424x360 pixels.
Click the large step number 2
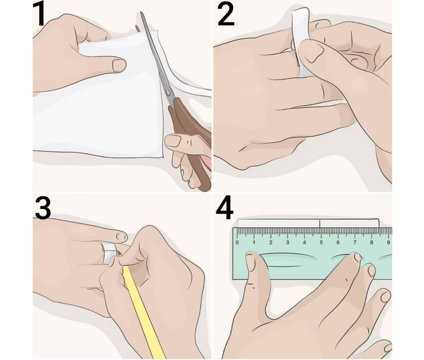tap(226, 15)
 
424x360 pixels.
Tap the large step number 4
tap(225, 208)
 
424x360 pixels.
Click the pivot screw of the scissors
tap(168, 93)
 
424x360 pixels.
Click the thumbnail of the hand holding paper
tap(119, 65)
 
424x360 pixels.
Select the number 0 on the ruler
tap(237, 242)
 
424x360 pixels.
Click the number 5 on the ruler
tap(321, 242)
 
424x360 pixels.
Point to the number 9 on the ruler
tap(388, 242)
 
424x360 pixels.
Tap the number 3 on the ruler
tap(287, 242)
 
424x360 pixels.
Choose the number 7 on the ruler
tap(355, 242)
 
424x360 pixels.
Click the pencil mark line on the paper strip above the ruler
tap(320, 224)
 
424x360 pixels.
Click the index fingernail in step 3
tap(122, 237)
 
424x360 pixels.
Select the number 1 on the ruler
tap(254, 242)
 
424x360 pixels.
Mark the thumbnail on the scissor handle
tap(174, 141)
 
